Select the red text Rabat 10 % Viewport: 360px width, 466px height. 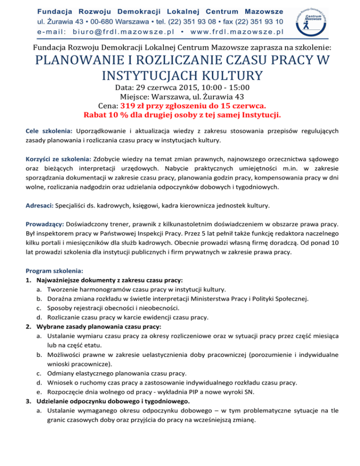pos(105,114)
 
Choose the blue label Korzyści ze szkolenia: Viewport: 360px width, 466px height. pos(59,160)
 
